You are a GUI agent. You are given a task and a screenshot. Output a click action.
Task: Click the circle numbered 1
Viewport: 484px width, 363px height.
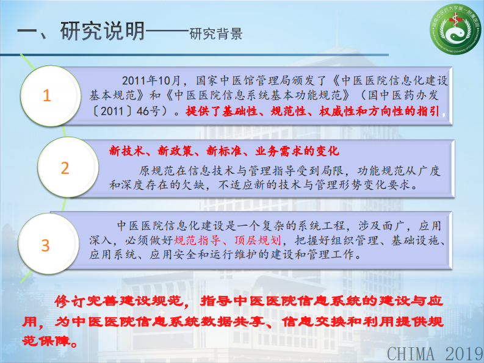click(x=47, y=96)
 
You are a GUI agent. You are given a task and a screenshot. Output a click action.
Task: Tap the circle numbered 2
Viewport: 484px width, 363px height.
click(x=65, y=168)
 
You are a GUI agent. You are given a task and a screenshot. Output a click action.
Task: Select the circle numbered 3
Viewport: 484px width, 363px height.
click(x=45, y=245)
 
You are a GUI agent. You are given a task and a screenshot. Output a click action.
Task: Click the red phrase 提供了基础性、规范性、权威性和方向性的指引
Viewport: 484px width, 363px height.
click(x=311, y=112)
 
